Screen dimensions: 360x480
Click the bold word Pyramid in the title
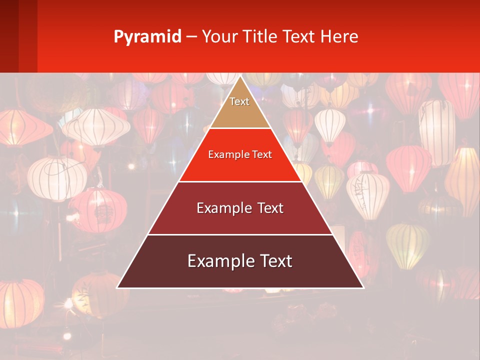(147, 37)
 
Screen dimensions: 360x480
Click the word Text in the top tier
(239, 101)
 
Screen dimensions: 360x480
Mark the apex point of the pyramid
(240, 76)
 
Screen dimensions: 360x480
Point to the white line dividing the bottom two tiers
(240, 234)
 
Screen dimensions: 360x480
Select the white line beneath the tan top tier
(240, 128)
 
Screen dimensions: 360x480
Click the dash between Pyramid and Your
(191, 37)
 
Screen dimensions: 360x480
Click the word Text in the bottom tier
(274, 261)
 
